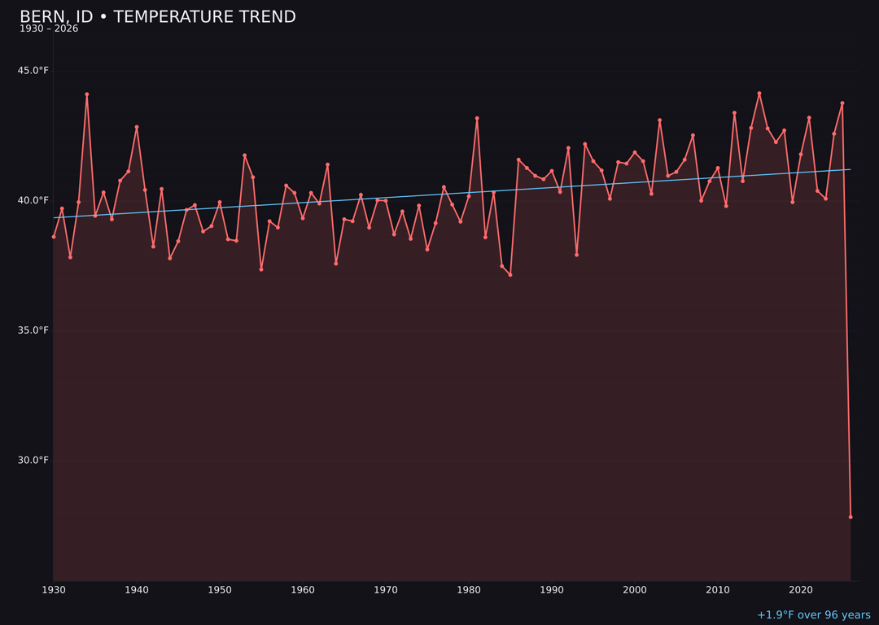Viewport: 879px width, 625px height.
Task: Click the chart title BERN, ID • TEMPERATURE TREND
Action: click(x=157, y=17)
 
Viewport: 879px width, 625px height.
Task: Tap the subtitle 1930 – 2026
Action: click(x=49, y=29)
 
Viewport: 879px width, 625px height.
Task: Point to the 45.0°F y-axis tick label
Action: click(x=33, y=71)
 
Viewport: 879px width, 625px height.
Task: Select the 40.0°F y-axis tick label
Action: click(x=33, y=200)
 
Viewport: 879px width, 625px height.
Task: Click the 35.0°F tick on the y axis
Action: click(x=33, y=330)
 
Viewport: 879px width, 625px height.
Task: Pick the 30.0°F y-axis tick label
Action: click(x=33, y=460)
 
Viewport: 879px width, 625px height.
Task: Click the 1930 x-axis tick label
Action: click(x=54, y=590)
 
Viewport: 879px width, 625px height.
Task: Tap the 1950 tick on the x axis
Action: click(x=220, y=590)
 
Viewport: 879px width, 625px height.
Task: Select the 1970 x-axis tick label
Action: click(x=386, y=590)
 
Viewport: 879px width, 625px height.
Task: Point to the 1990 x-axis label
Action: click(x=552, y=590)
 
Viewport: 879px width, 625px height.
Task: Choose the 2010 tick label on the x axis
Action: click(x=718, y=590)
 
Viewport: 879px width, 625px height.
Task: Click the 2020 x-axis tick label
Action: click(x=801, y=590)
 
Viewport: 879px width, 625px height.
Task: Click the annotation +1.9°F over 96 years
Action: click(x=813, y=615)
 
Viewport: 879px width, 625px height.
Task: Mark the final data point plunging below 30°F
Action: click(x=851, y=517)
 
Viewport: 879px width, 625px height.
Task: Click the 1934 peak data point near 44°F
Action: click(x=87, y=94)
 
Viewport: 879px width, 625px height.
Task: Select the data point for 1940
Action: click(x=137, y=127)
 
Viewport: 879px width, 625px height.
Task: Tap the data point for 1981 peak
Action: click(x=477, y=119)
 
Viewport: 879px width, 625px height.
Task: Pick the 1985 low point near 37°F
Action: click(x=510, y=275)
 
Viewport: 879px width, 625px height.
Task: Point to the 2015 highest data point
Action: click(x=759, y=94)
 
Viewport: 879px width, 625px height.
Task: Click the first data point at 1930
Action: click(x=54, y=237)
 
